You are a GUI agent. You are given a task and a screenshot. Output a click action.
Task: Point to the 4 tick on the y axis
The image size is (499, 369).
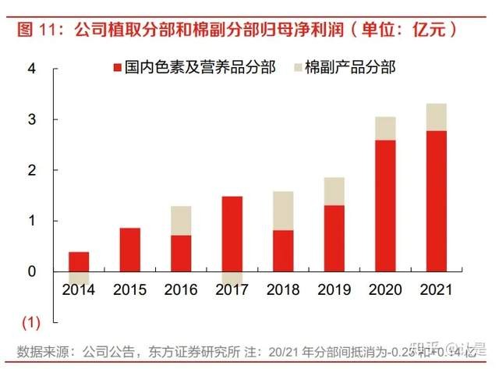(x=32, y=69)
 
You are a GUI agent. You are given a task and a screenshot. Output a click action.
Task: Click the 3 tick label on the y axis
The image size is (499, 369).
(x=32, y=119)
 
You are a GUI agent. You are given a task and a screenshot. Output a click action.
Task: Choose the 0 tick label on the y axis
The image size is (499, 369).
(x=32, y=272)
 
